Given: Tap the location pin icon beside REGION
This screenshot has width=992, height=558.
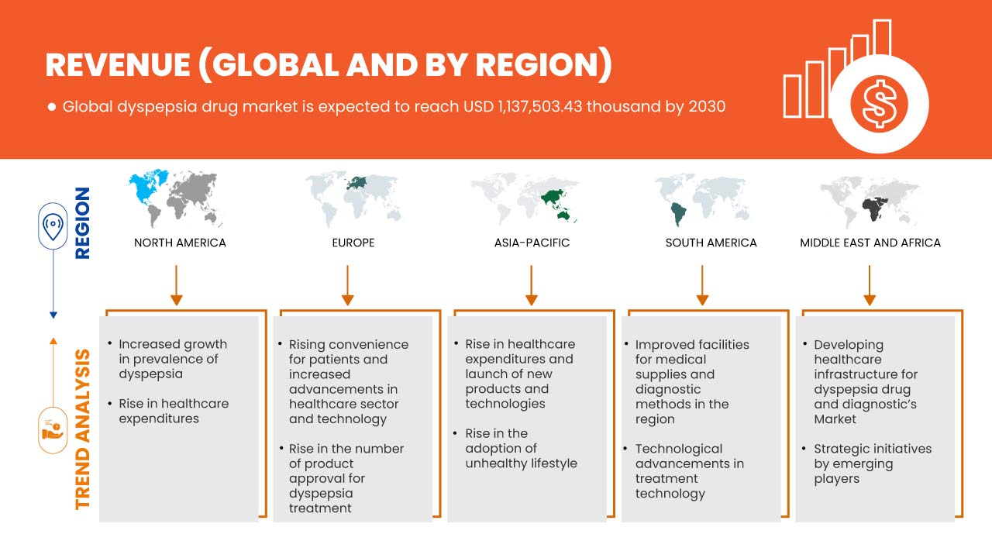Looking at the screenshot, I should pyautogui.click(x=53, y=226).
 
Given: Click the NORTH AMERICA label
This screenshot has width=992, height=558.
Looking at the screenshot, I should pyautogui.click(x=180, y=243).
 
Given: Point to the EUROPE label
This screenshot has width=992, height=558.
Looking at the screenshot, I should pyautogui.click(x=353, y=243).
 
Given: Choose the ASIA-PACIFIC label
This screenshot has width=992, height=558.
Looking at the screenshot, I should pyautogui.click(x=532, y=243).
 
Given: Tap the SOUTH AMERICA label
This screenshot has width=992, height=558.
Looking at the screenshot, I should pyautogui.click(x=711, y=243).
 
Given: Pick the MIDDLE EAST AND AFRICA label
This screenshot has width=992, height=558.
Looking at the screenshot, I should pyautogui.click(x=870, y=243).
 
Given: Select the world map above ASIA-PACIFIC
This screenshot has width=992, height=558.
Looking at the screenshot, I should pyautogui.click(x=524, y=198).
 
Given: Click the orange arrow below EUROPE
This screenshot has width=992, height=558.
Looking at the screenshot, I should pyautogui.click(x=348, y=284).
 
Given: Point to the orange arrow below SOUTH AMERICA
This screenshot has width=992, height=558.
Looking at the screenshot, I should pyautogui.click(x=702, y=284).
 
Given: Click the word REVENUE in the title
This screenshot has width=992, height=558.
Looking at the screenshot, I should pyautogui.click(x=115, y=66).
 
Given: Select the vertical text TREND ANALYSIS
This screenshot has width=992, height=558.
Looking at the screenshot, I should pyautogui.click(x=83, y=429).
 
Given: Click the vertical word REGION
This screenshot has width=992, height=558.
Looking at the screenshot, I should pyautogui.click(x=82, y=222).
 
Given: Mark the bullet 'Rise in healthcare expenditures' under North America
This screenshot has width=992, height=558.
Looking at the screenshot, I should pyautogui.click(x=174, y=411).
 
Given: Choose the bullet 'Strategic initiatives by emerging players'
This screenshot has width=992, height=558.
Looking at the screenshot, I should pyautogui.click(x=872, y=463).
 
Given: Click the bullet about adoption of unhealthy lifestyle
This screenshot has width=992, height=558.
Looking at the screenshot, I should pyautogui.click(x=521, y=448).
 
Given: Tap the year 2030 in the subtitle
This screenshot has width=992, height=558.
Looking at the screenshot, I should pyautogui.click(x=706, y=106).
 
